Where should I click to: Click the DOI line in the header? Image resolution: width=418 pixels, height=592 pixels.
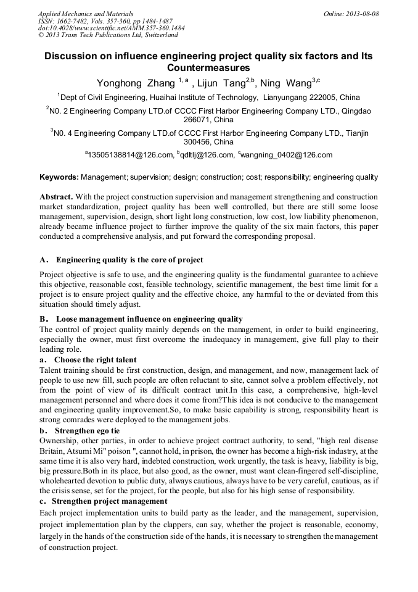(x=111, y=28)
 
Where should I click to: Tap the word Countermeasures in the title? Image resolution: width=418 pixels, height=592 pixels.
(x=208, y=68)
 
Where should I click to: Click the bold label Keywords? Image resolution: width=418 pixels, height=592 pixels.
(x=59, y=177)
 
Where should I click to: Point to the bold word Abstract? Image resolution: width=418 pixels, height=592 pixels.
(x=56, y=197)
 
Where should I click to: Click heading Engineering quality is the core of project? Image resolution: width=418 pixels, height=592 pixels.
(x=129, y=259)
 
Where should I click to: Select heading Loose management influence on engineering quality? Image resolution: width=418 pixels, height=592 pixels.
(x=149, y=319)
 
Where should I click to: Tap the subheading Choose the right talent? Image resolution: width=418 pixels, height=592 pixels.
(x=96, y=359)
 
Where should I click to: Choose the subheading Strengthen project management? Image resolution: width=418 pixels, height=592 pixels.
(x=109, y=501)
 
